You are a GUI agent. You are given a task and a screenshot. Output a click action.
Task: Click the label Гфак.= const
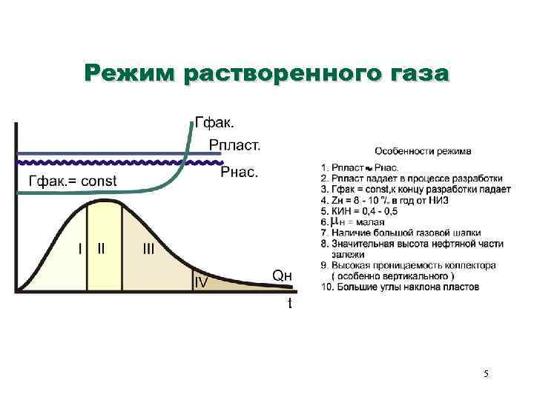pyautogui.click(x=73, y=181)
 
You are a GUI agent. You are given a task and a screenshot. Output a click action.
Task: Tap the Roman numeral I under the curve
pyautogui.click(x=79, y=249)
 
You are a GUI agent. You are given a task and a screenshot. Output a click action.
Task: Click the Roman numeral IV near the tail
pyautogui.click(x=200, y=282)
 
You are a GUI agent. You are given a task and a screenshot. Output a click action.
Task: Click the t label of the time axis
pyautogui.click(x=289, y=303)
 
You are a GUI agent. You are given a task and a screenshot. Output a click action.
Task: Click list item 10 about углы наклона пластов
pyautogui.click(x=400, y=286)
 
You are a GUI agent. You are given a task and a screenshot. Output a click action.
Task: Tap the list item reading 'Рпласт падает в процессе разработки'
pyautogui.click(x=411, y=179)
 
